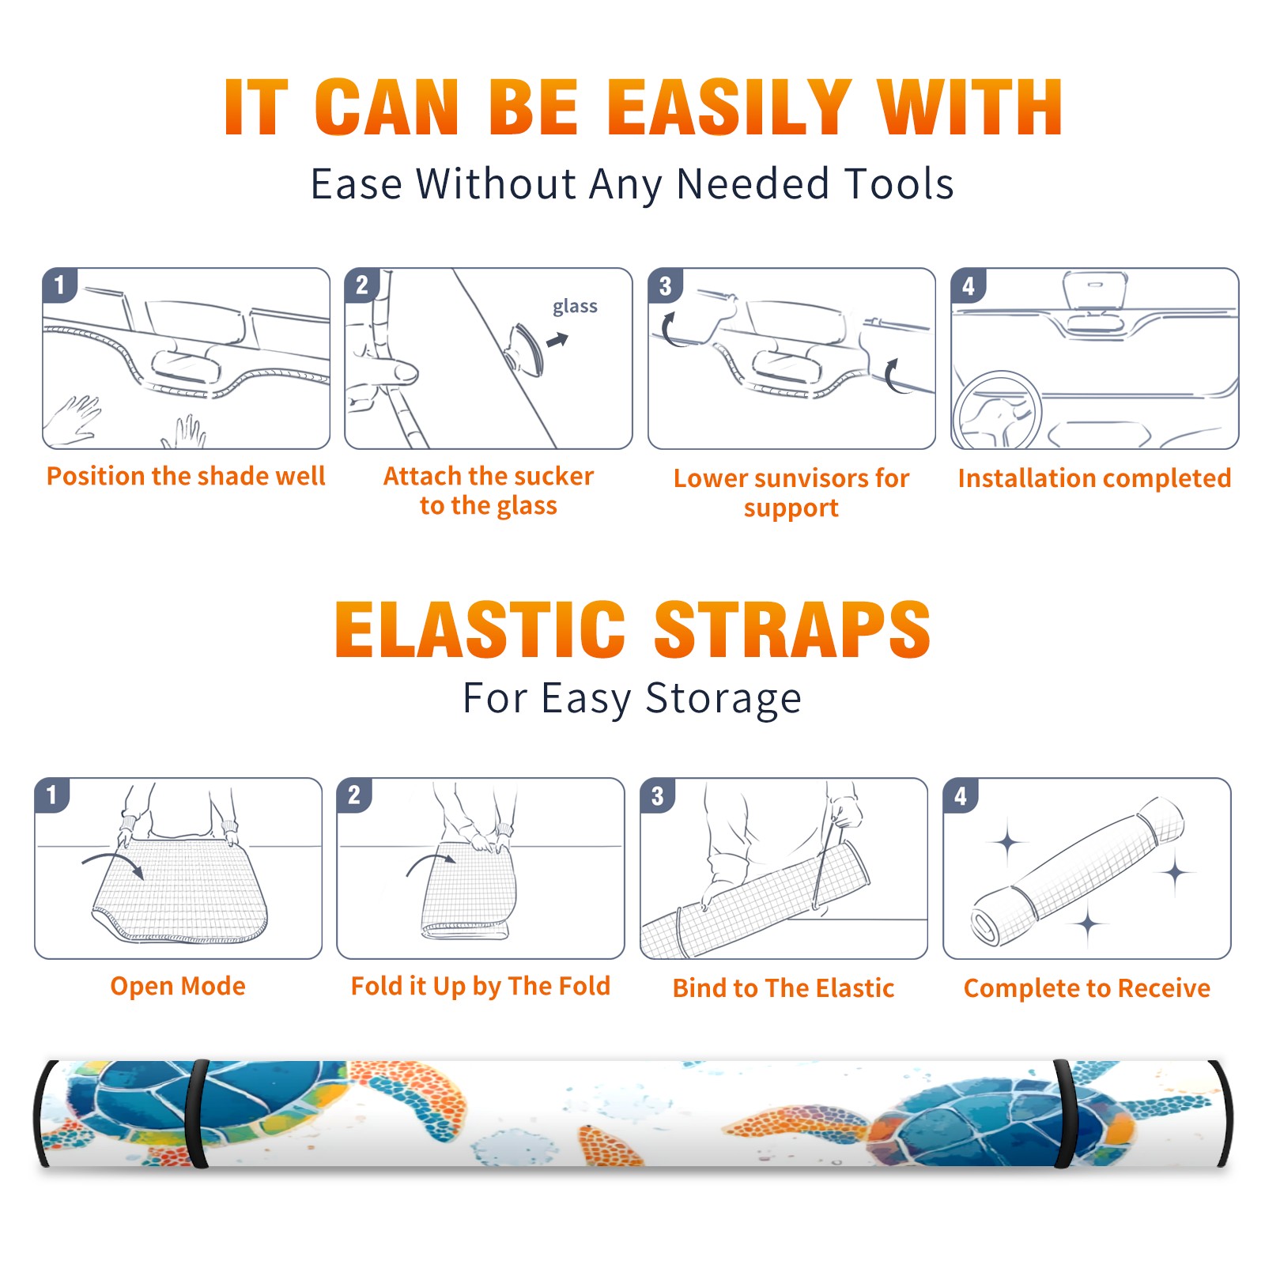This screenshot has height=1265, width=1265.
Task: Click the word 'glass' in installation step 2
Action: (575, 307)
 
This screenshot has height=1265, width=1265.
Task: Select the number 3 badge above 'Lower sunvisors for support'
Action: (665, 285)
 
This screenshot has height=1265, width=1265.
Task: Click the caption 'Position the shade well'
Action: (186, 476)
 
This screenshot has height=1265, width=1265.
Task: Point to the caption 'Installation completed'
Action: (1094, 478)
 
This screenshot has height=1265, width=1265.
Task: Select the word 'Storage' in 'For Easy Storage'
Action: (723, 699)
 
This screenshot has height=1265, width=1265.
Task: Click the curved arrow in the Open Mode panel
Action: (114, 863)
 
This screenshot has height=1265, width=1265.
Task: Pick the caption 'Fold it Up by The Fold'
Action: (481, 986)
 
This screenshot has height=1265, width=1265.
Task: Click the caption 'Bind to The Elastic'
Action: (784, 987)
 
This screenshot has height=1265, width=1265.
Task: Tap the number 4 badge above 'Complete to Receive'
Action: (961, 795)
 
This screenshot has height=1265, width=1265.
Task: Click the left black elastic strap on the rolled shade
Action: (197, 1113)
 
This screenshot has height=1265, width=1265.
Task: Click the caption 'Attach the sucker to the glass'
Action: (489, 490)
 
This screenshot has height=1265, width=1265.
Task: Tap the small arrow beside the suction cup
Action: (558, 340)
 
